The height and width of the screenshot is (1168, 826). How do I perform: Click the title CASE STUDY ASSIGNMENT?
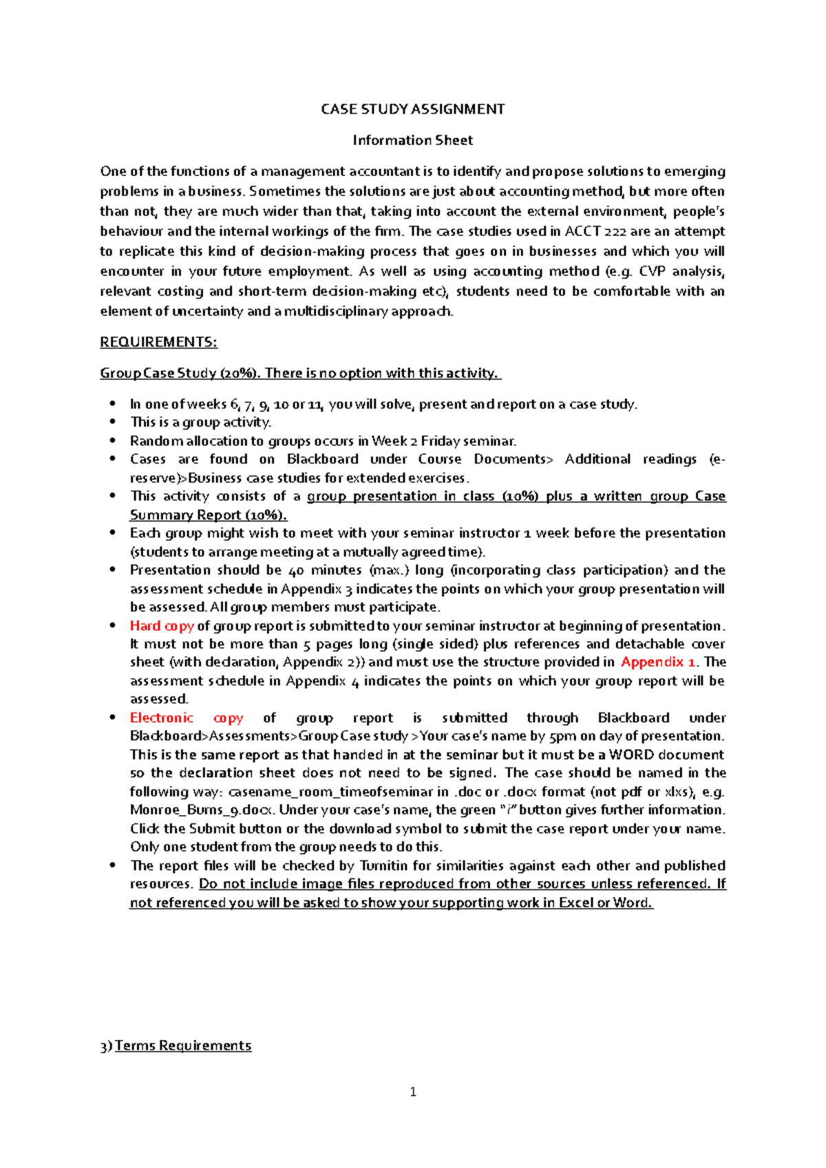(412, 109)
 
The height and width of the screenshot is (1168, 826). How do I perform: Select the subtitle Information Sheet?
(412, 140)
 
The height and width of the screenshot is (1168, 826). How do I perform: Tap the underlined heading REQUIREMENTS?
(158, 342)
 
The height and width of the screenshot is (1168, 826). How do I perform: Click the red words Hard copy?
(162, 625)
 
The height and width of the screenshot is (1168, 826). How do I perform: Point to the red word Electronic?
(162, 717)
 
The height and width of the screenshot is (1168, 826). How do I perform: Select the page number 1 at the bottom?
(413, 1092)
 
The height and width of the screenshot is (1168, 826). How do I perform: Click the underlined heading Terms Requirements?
(182, 1046)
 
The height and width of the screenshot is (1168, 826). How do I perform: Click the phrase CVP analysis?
(681, 271)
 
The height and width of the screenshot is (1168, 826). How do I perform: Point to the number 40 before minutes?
(296, 570)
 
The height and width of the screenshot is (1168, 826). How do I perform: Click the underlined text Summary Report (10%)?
(208, 515)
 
